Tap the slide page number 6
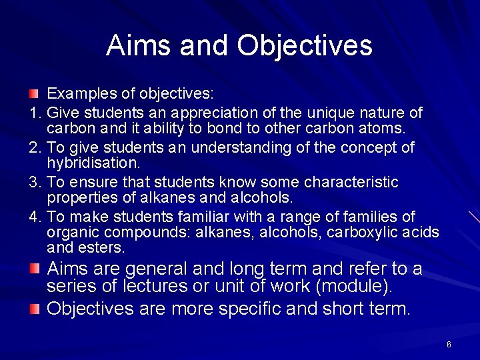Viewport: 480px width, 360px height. coord(449,344)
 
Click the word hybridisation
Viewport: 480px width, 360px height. coord(93,163)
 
